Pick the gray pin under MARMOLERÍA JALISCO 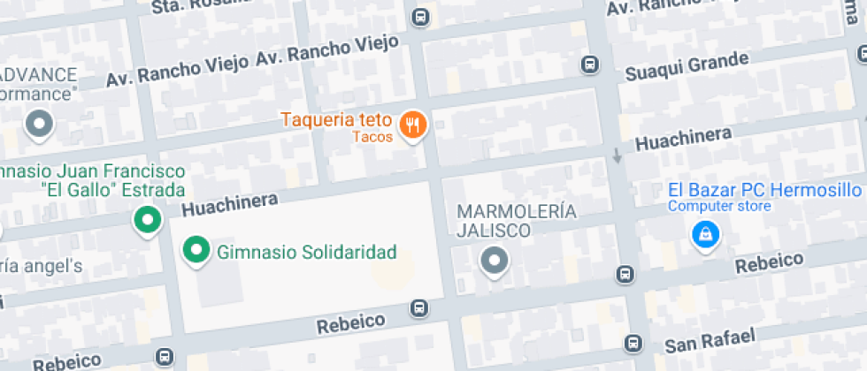tap(493, 261)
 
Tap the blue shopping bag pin tap(705, 234)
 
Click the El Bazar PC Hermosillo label tap(764, 190)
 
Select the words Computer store tap(719, 207)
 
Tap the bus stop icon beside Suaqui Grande tap(589, 64)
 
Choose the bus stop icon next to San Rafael tap(633, 343)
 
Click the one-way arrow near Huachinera tap(618, 155)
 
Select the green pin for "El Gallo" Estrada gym tap(146, 220)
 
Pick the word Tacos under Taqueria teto tap(372, 137)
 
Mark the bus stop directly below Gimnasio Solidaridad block tap(418, 308)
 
